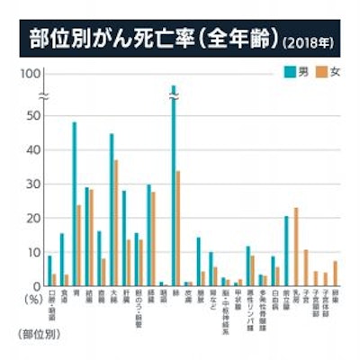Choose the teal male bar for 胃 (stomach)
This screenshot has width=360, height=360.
tap(74, 203)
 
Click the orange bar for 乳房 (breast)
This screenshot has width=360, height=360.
tap(295, 246)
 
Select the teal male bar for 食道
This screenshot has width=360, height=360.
tap(61, 259)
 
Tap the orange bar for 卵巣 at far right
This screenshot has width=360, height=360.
tap(336, 273)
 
